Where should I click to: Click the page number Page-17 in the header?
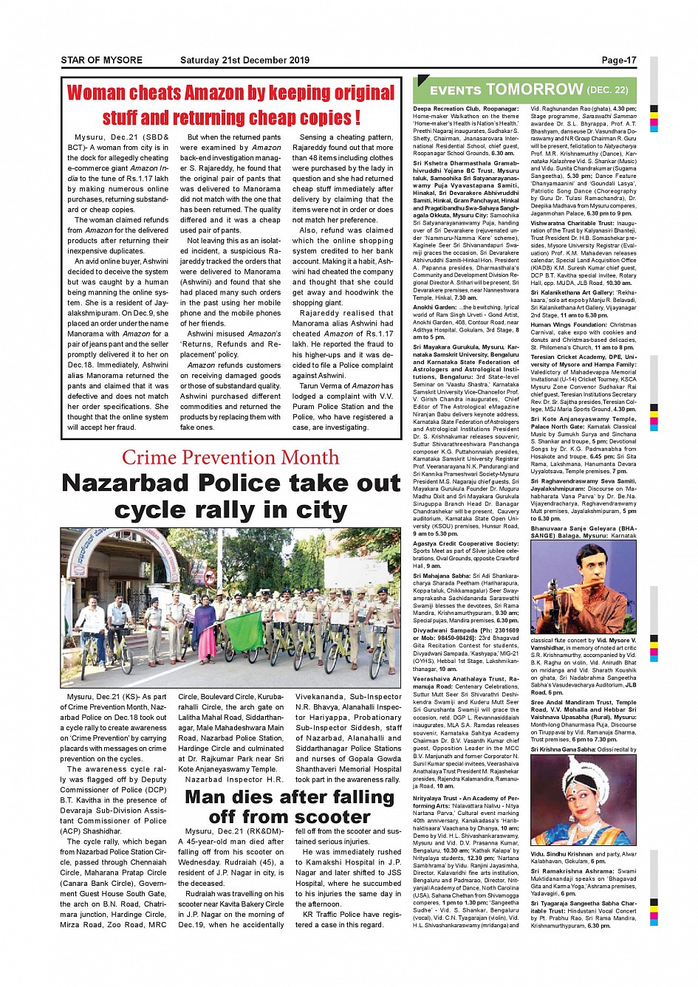coord(618,61)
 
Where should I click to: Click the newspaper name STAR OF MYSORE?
coord(102,61)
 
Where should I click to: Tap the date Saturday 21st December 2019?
coord(244,61)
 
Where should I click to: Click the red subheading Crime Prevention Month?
coord(230,458)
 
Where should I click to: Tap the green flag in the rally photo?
coord(244,626)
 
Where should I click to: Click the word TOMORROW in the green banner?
coord(534,89)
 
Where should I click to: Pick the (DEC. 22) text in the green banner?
coord(607,90)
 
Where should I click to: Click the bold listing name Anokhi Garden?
coord(434,307)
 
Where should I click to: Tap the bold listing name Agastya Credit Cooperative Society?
coord(465,543)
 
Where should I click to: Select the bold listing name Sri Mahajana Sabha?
coord(442,575)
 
